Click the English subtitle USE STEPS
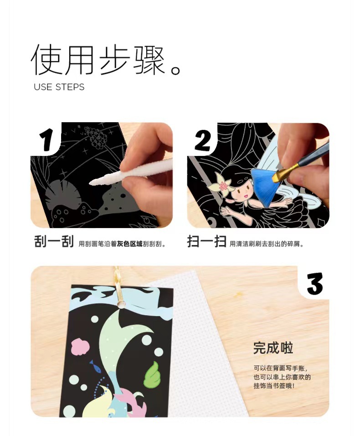59,87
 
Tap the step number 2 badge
203,139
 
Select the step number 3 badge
315,283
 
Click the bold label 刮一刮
54,242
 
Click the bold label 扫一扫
206,242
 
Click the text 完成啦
273,348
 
